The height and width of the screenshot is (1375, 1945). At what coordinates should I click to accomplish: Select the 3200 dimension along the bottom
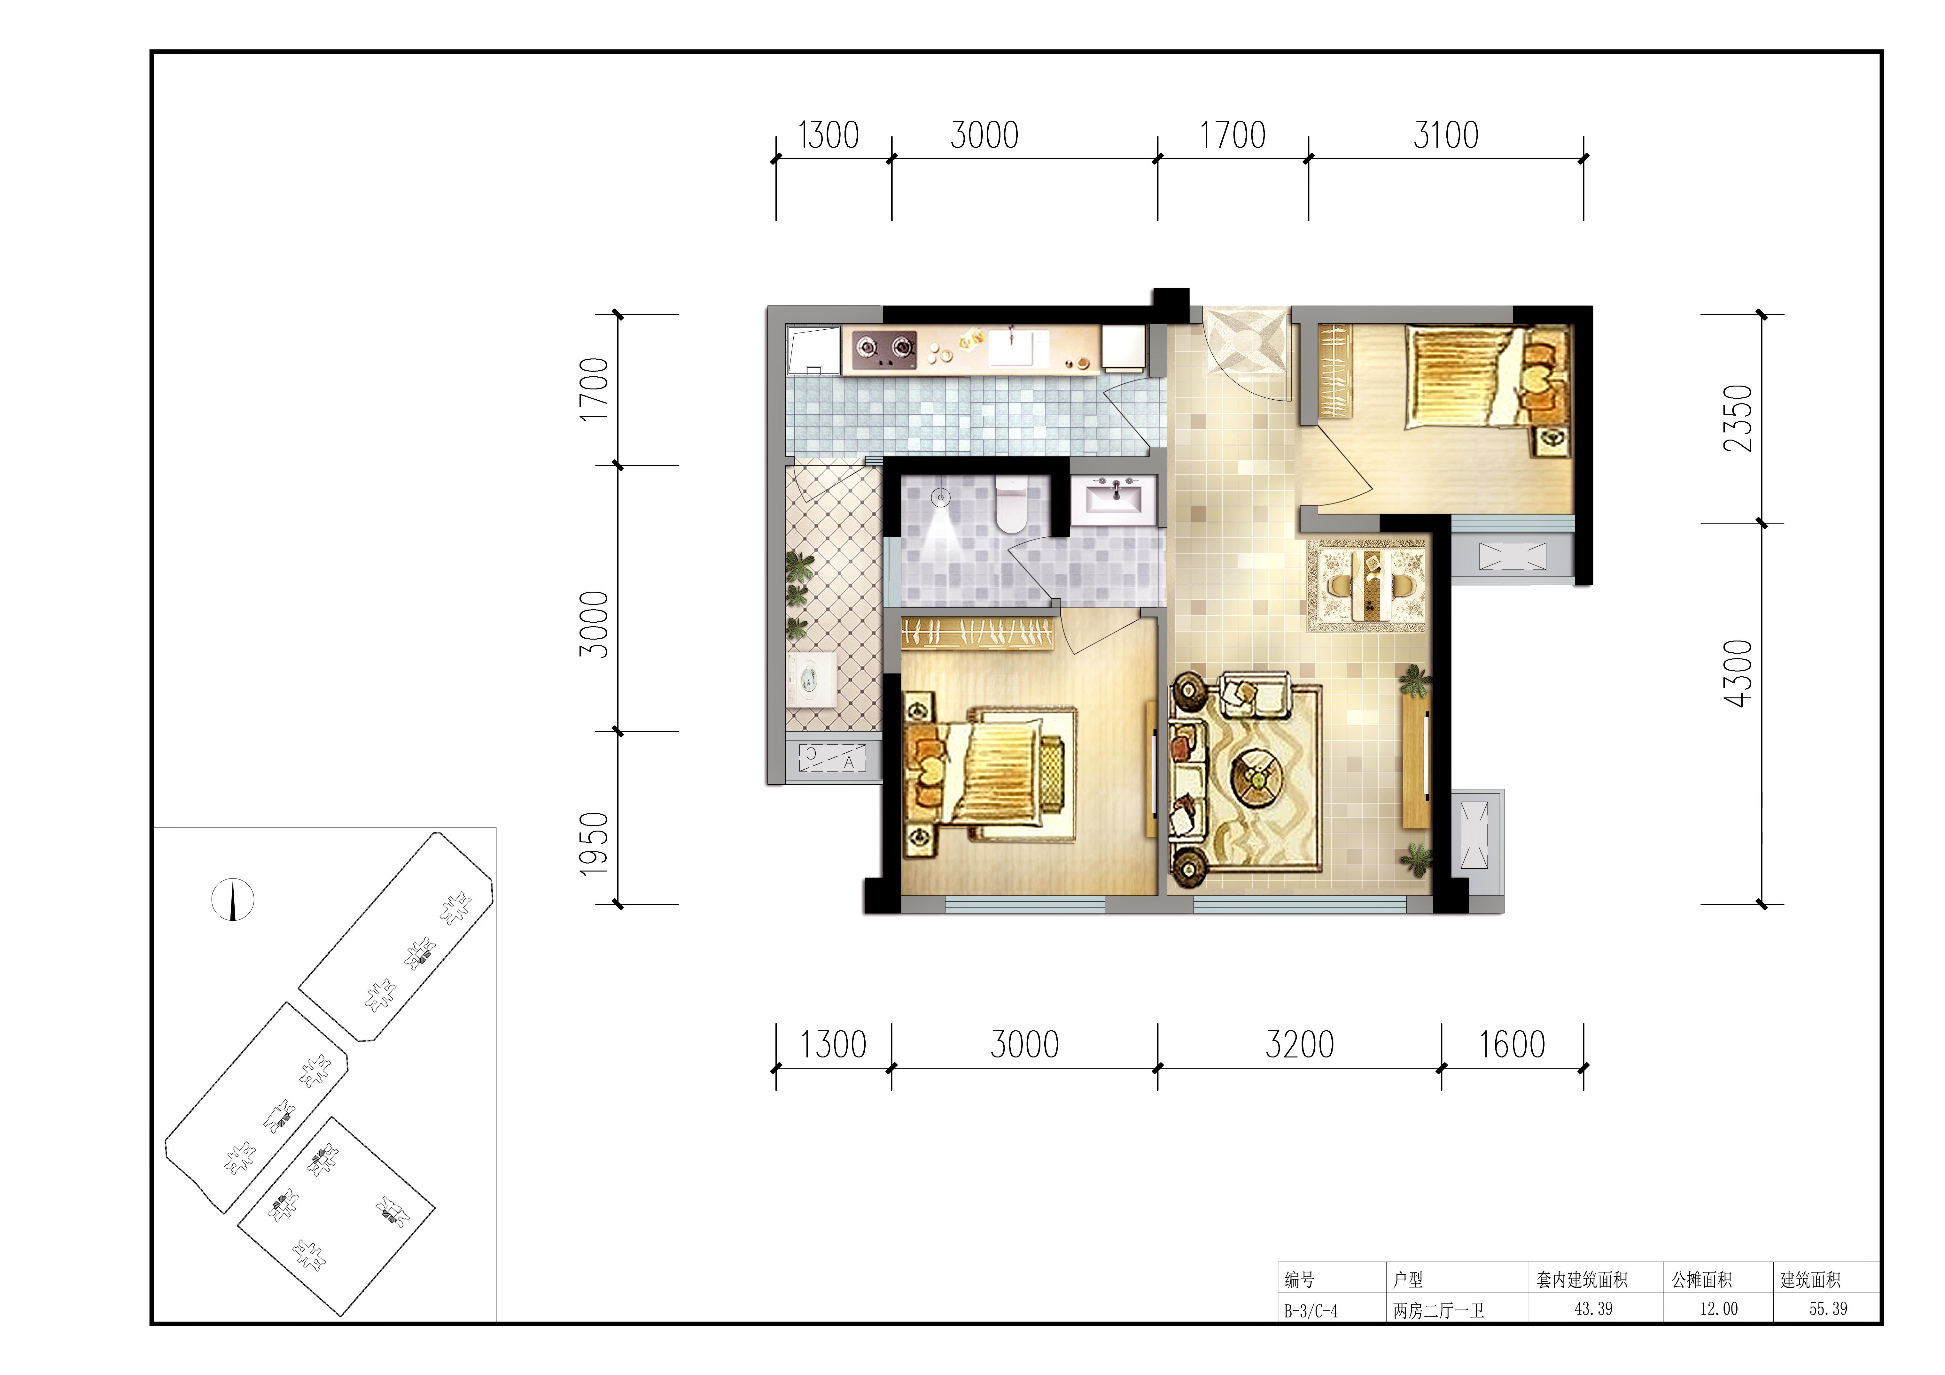pyautogui.click(x=1300, y=1045)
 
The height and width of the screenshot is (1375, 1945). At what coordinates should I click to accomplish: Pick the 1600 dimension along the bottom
pyautogui.click(x=1512, y=1045)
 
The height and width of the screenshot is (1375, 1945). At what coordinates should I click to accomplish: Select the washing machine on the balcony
pyautogui.click(x=811, y=678)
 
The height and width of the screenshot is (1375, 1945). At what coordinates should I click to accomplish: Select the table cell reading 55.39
pyautogui.click(x=1828, y=1308)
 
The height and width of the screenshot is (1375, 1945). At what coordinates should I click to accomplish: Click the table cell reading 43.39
pyautogui.click(x=1593, y=1308)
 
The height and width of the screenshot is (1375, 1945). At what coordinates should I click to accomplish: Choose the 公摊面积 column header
pyautogui.click(x=1702, y=1279)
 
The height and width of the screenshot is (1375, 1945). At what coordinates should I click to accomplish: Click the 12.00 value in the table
pyautogui.click(x=1719, y=1308)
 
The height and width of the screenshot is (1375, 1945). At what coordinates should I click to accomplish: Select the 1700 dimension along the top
pyautogui.click(x=1233, y=135)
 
